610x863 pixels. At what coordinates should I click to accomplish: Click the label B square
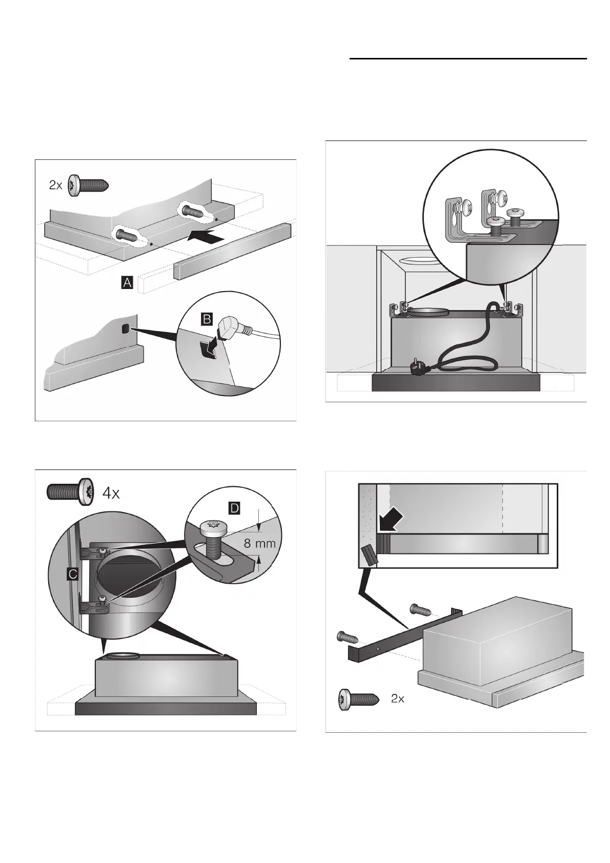click(207, 320)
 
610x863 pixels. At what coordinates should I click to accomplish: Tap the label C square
click(73, 574)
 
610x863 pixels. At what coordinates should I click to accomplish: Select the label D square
click(234, 508)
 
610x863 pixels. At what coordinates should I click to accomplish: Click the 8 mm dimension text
click(259, 543)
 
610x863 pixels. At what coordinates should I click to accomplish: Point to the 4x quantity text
click(111, 493)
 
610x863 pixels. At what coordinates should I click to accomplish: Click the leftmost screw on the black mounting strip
click(345, 638)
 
